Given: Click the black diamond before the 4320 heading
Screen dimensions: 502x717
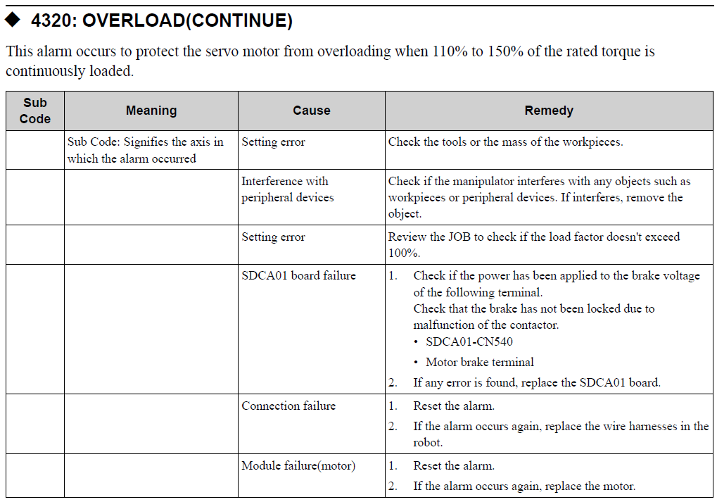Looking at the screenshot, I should pos(13,20).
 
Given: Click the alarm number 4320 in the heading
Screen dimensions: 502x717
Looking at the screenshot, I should pos(53,20).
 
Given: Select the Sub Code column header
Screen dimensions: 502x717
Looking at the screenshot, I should pos(34,111).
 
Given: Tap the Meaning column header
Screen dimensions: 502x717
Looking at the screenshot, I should pos(151,111).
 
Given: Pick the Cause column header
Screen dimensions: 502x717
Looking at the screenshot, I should pos(311,111).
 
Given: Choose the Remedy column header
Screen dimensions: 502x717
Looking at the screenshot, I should pos(549,111).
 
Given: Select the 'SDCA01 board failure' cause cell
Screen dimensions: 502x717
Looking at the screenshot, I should pos(298,275).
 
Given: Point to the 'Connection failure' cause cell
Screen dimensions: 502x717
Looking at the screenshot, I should pos(288,406).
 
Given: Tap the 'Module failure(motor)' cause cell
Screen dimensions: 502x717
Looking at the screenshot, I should pos(298,465).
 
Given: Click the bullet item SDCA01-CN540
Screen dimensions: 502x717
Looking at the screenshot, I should pos(469,342).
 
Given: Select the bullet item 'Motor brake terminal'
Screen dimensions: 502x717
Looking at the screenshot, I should pos(479,362).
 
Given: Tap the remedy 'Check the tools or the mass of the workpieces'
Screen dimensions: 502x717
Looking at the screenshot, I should pos(505,142).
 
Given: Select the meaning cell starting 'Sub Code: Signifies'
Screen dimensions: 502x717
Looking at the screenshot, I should pos(146,150).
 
